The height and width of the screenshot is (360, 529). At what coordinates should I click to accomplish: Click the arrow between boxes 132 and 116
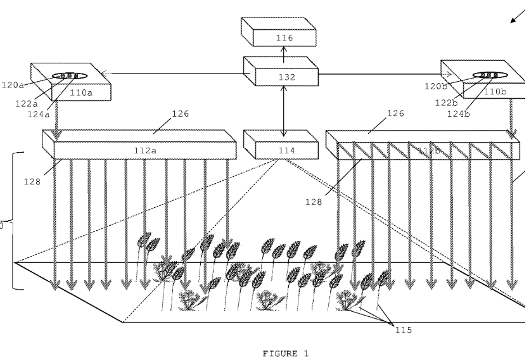(x=284, y=51)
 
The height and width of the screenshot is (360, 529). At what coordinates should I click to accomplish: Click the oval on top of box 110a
(x=66, y=76)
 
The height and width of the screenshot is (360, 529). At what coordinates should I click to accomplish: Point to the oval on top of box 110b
(x=486, y=75)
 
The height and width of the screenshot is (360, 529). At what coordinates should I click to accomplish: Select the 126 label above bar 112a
(x=179, y=114)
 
